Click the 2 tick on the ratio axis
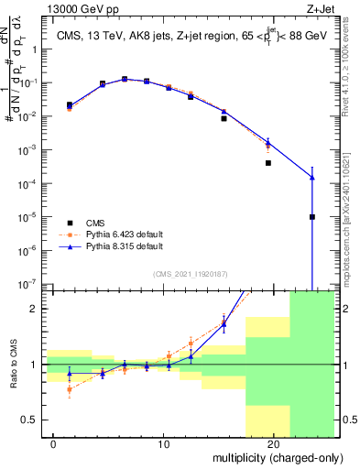37,309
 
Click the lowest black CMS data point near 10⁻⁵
312,217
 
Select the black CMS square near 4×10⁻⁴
268,163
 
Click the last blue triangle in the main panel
312,177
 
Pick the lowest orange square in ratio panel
70,389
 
